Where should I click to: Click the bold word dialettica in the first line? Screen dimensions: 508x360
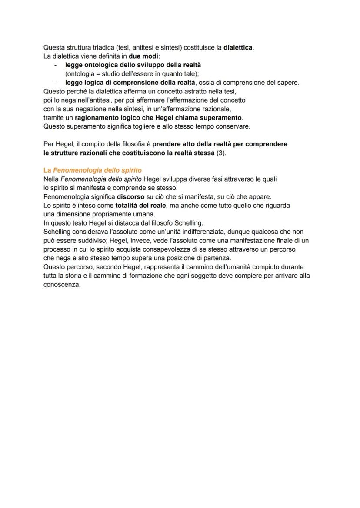coord(238,47)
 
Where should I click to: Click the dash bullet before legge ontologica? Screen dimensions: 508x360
coord(56,65)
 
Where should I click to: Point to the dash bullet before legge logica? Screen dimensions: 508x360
coord(56,83)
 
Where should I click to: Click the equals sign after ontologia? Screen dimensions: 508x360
coord(100,74)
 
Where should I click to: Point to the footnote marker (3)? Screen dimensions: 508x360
coord(221,153)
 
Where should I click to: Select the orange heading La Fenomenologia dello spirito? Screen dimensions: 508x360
coord(92,170)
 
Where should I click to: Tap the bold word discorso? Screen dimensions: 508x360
coord(130,197)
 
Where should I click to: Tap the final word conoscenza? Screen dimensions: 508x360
coord(62,285)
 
